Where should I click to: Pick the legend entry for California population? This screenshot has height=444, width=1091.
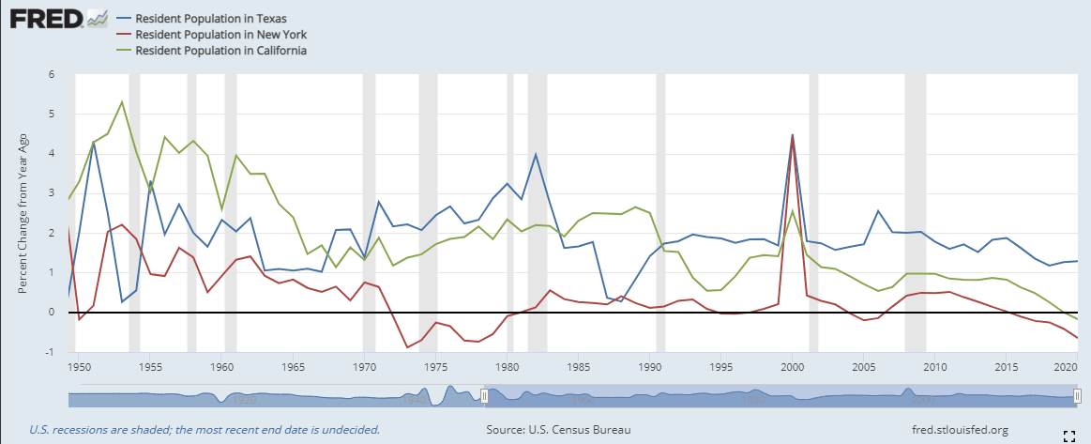tap(221, 50)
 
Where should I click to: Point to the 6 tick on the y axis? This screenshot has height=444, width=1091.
tap(53, 74)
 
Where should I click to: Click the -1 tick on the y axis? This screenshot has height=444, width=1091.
tap(52, 352)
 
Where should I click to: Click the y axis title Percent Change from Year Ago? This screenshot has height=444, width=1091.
tap(23, 215)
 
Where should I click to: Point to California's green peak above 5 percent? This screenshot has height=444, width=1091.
tap(122, 101)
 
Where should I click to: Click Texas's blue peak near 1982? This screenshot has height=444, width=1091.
tap(536, 154)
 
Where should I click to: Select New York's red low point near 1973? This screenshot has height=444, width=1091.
tap(407, 347)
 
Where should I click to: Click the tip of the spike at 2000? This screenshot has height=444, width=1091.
tap(793, 135)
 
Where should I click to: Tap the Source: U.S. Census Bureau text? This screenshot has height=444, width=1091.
tap(558, 430)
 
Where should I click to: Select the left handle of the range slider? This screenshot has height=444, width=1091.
tap(484, 396)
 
